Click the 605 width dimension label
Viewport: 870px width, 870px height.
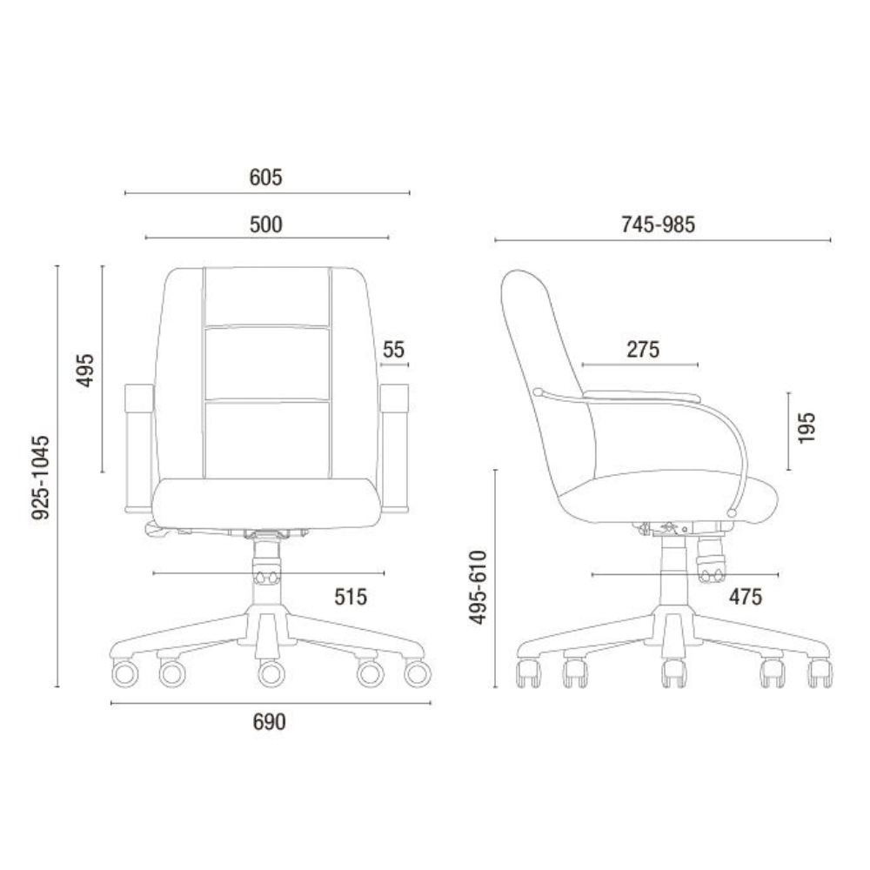[265, 177]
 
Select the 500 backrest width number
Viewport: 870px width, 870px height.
[265, 224]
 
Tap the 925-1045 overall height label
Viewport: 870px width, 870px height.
[41, 478]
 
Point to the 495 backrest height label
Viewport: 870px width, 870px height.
[85, 370]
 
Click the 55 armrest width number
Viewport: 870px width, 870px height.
[393, 350]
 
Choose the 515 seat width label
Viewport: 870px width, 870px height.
[351, 597]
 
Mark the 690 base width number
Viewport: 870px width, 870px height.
[269, 722]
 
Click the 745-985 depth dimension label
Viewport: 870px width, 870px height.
[658, 224]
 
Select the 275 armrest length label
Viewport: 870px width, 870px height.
[643, 350]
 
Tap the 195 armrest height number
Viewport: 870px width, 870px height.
[806, 427]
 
